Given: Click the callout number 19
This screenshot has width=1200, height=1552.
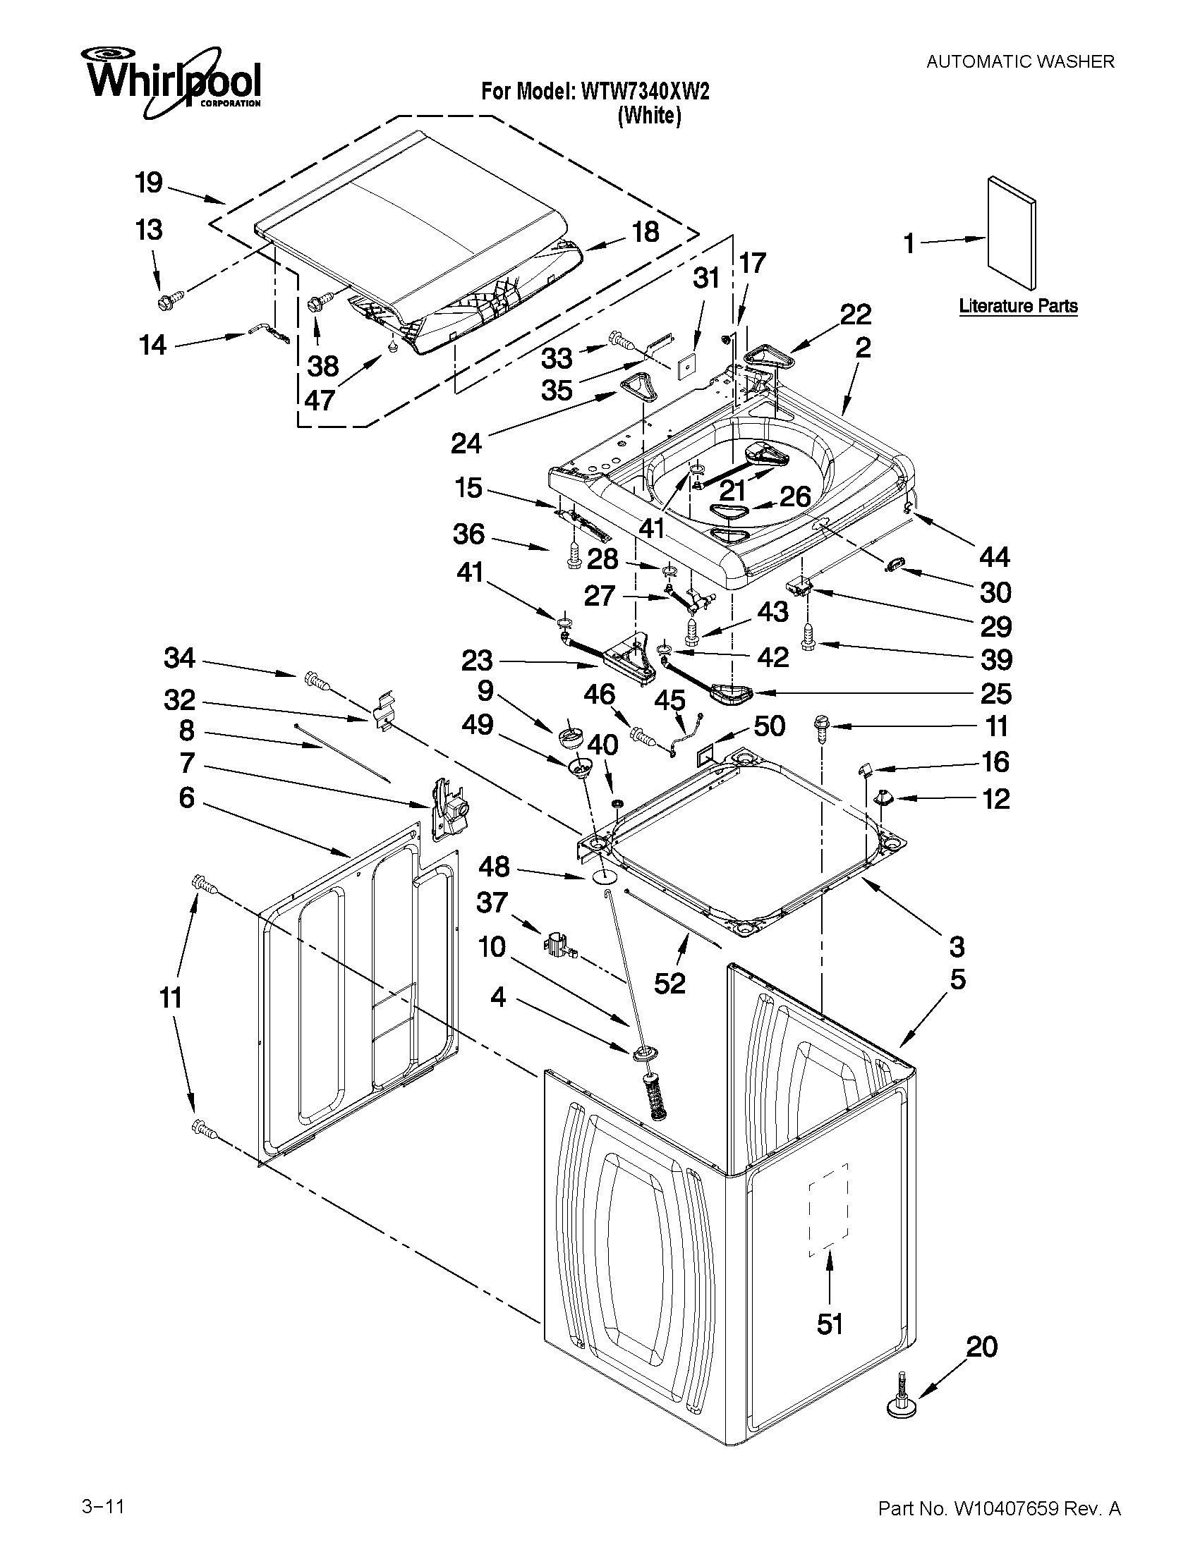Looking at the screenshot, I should pos(149,183).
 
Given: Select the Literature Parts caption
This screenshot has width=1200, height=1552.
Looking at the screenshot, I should pos(1018,306).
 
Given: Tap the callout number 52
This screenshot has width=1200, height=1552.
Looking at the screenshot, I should pos(669,984).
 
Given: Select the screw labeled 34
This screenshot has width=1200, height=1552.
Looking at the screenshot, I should pos(315,680).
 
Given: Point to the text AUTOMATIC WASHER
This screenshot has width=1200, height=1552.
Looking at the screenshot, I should pos(1019,62).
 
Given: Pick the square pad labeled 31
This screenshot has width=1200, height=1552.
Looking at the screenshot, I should pos(687,367).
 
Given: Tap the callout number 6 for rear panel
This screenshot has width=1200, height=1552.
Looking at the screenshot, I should pos(186,798).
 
